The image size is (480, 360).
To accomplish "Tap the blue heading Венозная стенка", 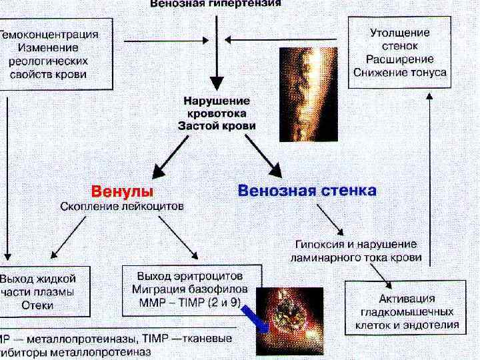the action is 307,191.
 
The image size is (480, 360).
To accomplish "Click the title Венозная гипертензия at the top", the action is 215,3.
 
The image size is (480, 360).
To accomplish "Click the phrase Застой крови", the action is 217,125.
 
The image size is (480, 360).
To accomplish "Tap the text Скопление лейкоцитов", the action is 122,207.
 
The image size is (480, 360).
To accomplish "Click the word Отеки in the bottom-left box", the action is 37,305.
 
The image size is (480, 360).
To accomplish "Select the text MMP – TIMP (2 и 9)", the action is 189,302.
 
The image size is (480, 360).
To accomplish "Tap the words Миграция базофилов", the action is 189,289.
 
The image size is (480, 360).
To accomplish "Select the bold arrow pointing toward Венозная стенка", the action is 265,156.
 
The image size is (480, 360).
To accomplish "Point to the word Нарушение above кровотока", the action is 217,101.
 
